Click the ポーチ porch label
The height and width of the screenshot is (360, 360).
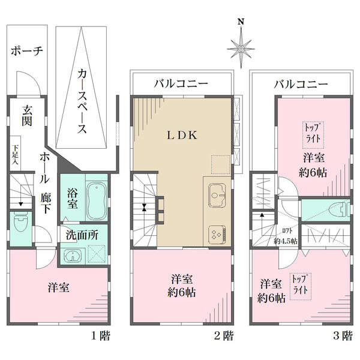(27, 51)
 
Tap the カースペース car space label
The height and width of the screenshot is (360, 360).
(82, 101)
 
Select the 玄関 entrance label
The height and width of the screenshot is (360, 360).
(27, 116)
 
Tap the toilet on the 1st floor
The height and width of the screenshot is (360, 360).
(21, 221)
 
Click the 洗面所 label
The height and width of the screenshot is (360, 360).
(82, 235)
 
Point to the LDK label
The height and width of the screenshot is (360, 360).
(182, 135)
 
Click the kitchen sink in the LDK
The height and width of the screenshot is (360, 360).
(217, 195)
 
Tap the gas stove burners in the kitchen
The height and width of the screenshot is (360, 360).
(217, 235)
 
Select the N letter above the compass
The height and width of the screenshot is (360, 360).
(241, 22)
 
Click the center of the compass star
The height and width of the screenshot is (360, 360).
(241, 49)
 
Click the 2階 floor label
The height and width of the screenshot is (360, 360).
(224, 336)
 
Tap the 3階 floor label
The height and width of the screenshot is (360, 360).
(343, 336)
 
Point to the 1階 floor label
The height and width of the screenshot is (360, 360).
(101, 336)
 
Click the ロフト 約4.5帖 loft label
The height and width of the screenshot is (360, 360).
(286, 236)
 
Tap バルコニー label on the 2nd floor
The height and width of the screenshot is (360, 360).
(181, 84)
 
